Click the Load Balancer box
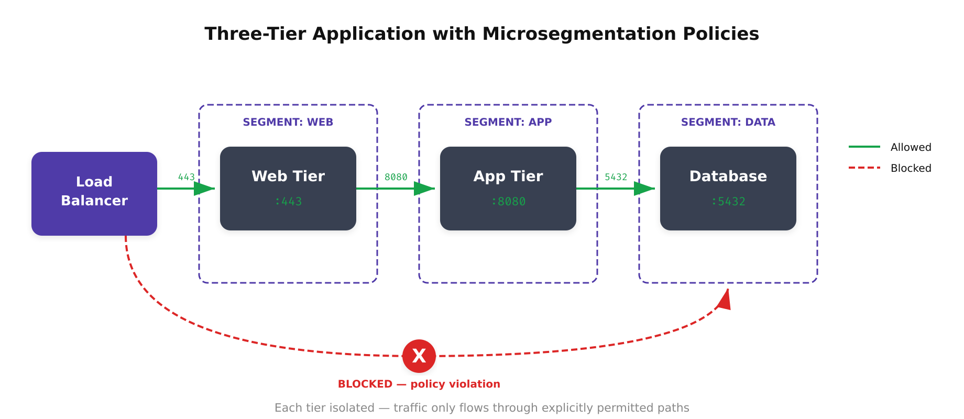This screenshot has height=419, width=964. [94, 193]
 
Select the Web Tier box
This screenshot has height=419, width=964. [288, 188]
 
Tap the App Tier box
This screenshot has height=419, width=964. [508, 188]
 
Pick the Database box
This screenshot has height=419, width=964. [728, 188]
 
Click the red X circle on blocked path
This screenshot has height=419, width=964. [419, 356]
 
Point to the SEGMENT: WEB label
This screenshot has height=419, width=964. [288, 122]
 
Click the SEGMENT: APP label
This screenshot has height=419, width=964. [508, 122]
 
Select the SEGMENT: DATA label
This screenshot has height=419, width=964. [728, 122]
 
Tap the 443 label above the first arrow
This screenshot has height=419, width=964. [186, 177]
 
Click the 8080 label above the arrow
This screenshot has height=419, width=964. [396, 177]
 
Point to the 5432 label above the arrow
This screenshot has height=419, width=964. [616, 177]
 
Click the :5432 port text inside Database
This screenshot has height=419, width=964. [728, 202]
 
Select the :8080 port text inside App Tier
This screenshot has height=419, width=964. [508, 202]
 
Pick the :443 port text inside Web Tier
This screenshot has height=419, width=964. [288, 202]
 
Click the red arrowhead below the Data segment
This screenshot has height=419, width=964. [725, 300]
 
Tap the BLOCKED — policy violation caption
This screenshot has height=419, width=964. [419, 384]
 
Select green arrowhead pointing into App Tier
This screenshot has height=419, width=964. [423, 189]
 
